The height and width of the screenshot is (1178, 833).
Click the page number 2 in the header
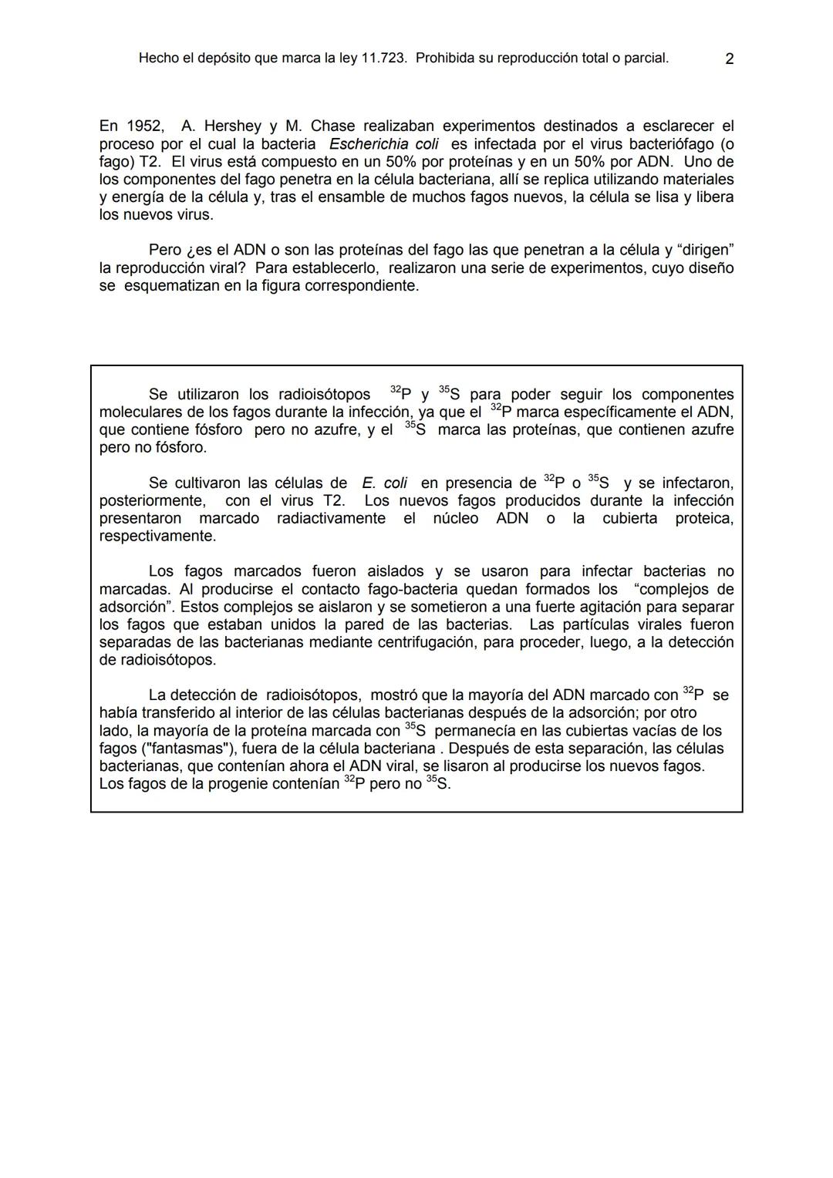(x=729, y=59)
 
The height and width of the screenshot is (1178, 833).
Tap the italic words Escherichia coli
(x=383, y=144)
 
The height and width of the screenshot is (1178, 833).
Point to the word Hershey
(x=231, y=126)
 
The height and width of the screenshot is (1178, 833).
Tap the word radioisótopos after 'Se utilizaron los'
(x=313, y=395)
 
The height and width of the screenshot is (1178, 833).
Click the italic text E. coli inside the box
(x=384, y=483)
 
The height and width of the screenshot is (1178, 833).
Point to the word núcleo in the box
(x=455, y=519)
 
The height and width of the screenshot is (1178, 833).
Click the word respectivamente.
(x=157, y=536)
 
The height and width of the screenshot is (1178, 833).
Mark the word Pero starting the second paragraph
(x=165, y=251)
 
